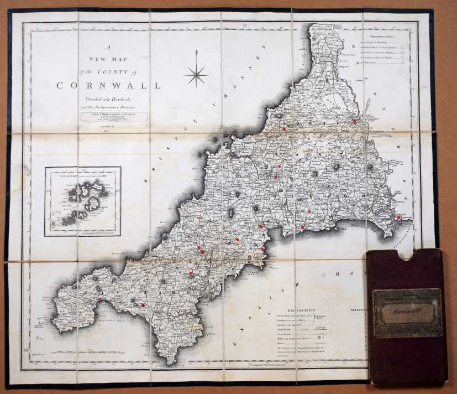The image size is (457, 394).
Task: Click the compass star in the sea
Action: tap(196, 74)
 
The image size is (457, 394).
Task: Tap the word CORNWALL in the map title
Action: tap(108, 86)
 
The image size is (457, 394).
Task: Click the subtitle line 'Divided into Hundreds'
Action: tap(108, 98)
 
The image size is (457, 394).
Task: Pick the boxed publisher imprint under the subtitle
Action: tap(114, 117)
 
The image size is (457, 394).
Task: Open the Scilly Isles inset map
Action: tap(83, 201)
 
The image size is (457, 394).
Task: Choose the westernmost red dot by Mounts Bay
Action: tap(100, 300)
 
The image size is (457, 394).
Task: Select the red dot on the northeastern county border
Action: tap(354, 121)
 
